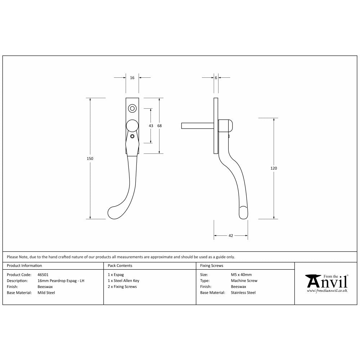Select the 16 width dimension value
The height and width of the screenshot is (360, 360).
pos(132,78)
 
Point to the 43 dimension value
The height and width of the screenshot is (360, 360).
pos(151,126)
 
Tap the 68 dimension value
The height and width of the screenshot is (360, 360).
pos(159,126)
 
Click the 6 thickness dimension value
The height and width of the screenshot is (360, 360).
pos(216,78)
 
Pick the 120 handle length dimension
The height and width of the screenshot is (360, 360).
pos(274,168)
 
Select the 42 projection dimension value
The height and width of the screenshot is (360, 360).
pos(231,236)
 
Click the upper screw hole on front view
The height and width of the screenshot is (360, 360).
pos(132,108)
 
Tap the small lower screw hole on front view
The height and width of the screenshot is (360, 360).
pos(132,136)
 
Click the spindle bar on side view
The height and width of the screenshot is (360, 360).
pos(197,126)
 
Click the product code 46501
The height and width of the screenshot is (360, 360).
pos(43,275)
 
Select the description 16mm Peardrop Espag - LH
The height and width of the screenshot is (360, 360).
pos(61,281)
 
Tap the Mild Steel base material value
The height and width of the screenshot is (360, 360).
pos(46,293)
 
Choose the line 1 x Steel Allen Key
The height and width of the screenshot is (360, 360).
pos(123,281)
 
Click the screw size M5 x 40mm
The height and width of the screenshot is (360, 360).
pos(241,275)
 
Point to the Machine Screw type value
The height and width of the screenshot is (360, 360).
pos(244,281)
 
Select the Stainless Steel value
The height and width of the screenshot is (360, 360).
pos(243,293)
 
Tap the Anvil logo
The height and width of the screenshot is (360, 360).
pos(326,282)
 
